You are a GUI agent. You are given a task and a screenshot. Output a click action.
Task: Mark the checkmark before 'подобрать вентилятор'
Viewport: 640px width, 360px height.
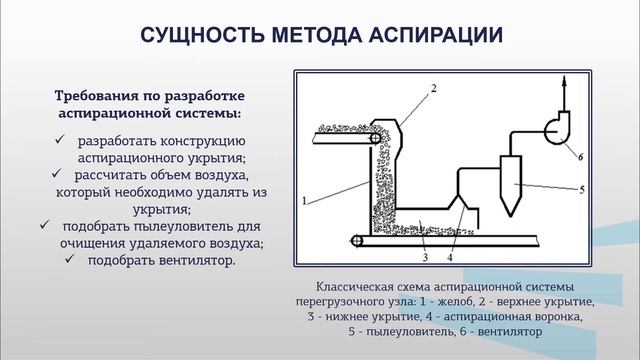pyautogui.click(x=72, y=261)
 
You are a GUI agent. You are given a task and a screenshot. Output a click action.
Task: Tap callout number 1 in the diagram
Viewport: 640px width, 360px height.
pyautogui.click(x=303, y=200)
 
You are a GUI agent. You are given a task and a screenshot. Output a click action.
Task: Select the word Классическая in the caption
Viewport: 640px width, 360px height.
pyautogui.click(x=353, y=284)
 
